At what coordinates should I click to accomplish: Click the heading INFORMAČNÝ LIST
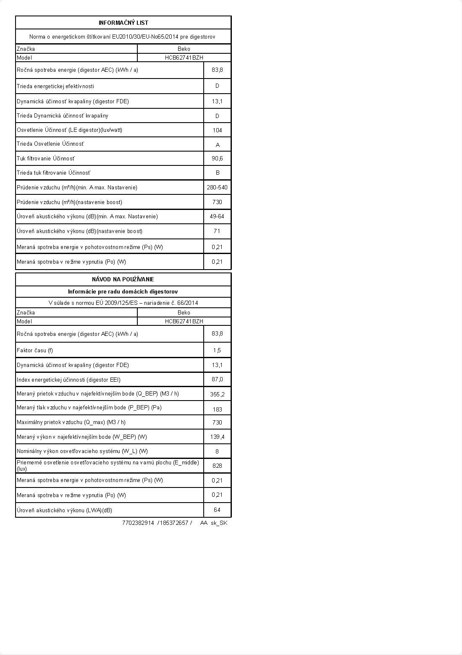[x=123, y=23]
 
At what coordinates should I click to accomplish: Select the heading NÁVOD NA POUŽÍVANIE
[x=123, y=279]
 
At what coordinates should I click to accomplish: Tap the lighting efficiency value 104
[x=217, y=130]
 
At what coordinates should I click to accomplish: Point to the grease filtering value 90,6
[x=217, y=158]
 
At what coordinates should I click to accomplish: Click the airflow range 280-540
[x=217, y=187]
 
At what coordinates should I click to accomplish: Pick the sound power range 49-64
[x=217, y=216]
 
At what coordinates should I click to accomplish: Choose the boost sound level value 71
[x=217, y=231]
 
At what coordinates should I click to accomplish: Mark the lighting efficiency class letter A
[x=218, y=145]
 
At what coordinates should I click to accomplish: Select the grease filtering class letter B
[x=218, y=173]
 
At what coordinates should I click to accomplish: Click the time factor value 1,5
[x=217, y=350]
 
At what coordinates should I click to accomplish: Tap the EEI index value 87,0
[x=217, y=379]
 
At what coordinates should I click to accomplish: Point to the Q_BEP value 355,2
[x=217, y=394]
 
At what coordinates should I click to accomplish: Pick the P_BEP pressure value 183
[x=217, y=409]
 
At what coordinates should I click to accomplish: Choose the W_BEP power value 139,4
[x=217, y=437]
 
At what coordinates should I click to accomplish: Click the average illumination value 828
[x=217, y=466]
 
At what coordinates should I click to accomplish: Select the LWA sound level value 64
[x=217, y=510]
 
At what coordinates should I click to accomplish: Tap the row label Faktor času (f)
[x=35, y=350]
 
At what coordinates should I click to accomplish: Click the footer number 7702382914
[x=138, y=523]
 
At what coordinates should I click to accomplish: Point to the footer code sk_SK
[x=219, y=523]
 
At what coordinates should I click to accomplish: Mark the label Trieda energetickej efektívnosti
[x=55, y=86]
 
